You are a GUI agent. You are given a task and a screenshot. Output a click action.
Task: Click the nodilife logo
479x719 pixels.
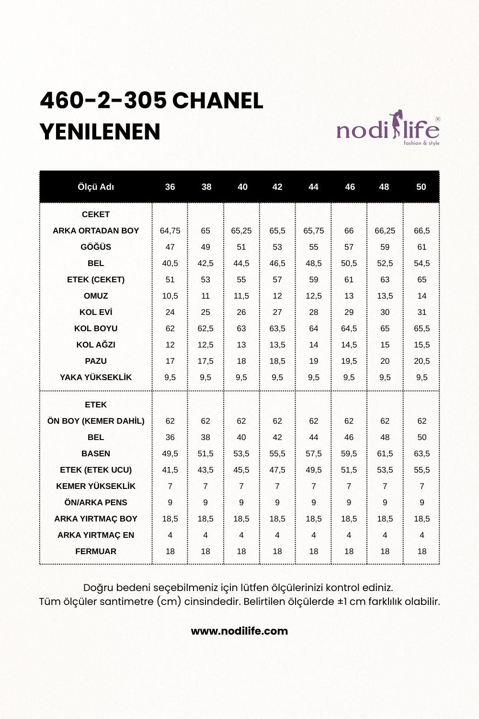[x=388, y=129]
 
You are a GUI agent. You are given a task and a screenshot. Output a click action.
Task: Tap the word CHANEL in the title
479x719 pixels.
[x=217, y=101]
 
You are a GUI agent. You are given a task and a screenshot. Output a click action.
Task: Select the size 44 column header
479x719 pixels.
[x=313, y=187]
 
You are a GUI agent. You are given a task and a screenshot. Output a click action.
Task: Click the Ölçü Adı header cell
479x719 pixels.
[x=96, y=187]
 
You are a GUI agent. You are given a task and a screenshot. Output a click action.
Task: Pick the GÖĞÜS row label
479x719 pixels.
[x=96, y=247]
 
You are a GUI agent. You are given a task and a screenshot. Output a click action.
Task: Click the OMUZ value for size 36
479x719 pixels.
[x=170, y=296]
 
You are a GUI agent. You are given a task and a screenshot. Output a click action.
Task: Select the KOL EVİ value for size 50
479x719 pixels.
[x=422, y=312]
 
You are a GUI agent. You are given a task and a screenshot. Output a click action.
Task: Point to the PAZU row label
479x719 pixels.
[x=96, y=361]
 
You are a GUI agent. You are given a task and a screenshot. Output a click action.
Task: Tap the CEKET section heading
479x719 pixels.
[x=96, y=214]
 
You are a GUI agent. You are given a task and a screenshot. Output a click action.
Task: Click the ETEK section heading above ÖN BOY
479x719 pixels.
[x=96, y=405]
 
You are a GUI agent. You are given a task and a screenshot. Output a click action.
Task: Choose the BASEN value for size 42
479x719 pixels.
[x=277, y=453]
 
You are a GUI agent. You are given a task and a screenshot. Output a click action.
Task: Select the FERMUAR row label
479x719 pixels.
[x=96, y=551]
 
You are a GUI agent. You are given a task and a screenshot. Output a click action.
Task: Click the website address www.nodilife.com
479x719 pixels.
[x=239, y=631]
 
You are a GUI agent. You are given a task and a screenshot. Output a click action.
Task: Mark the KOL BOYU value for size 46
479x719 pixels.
[x=349, y=328]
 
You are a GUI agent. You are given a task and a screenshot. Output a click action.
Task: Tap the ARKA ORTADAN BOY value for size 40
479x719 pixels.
[x=241, y=231]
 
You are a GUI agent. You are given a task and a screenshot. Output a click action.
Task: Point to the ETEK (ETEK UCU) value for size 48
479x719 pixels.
[x=385, y=470]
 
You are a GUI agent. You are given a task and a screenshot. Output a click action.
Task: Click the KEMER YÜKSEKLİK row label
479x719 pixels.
[x=96, y=486]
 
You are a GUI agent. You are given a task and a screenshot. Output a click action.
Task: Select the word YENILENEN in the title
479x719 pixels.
[x=100, y=132]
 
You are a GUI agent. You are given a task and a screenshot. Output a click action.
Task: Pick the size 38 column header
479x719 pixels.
[x=206, y=187]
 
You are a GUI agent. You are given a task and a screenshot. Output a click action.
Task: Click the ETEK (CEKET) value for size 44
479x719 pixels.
[x=313, y=279]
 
